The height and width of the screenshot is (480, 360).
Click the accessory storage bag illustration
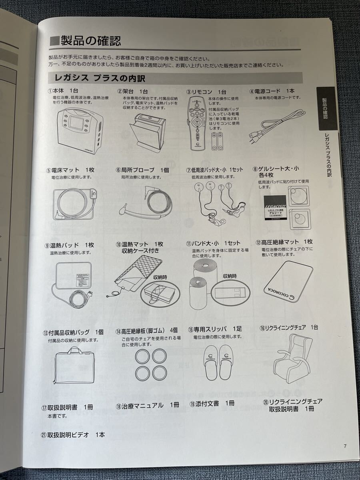[x=74, y=364]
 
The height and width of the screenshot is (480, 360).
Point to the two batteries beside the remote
[x=218, y=142]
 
